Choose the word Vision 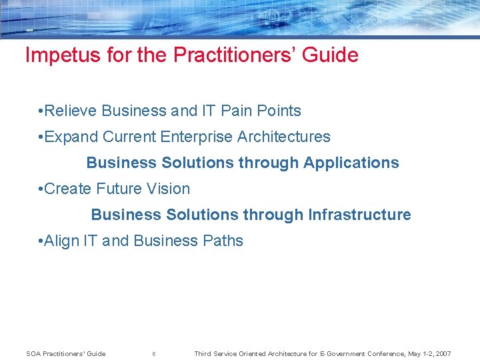[169, 189]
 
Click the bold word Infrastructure [360, 215]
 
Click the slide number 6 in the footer [154, 354]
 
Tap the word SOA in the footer [33, 354]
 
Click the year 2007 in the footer [441, 354]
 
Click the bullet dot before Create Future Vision [41, 189]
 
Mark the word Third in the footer [202, 354]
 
